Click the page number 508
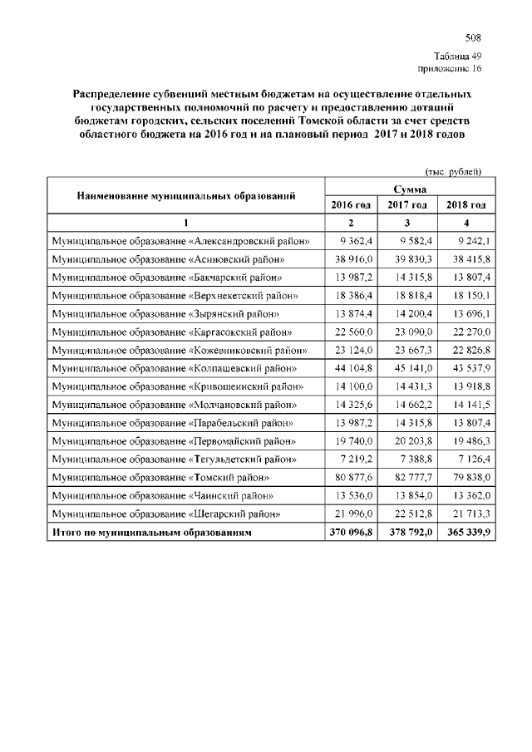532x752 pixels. (x=473, y=38)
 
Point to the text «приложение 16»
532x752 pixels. (x=453, y=69)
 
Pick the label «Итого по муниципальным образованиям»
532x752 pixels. (x=151, y=532)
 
